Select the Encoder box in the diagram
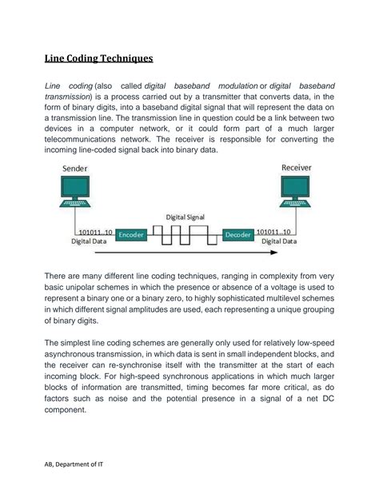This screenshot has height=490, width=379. click(x=131, y=235)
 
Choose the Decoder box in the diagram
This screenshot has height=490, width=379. click(x=237, y=235)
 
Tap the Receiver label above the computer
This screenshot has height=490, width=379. click(x=297, y=169)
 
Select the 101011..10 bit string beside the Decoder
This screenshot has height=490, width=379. click(x=277, y=231)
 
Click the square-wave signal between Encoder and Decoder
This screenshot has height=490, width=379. click(x=185, y=233)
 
